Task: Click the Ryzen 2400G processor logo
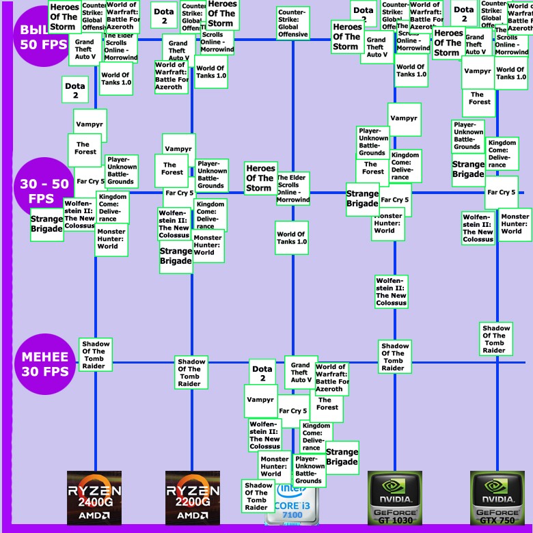tap(94, 497)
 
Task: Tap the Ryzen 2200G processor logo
tap(193, 497)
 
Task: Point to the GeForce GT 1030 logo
tap(394, 497)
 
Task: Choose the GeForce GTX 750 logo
tap(497, 497)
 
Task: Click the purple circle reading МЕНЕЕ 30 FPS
tap(45, 364)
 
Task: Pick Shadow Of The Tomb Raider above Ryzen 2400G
tap(94, 355)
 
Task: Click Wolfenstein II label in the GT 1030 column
tap(392, 291)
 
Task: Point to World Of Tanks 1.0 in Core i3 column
tap(292, 238)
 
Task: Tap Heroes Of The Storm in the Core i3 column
tap(260, 178)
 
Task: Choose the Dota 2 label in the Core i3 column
tap(262, 373)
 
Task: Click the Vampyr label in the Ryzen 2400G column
tap(90, 125)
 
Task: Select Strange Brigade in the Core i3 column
tap(342, 456)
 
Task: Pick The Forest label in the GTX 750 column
tap(480, 98)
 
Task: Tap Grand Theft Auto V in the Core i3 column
tap(301, 373)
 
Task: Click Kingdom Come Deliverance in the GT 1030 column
tap(405, 166)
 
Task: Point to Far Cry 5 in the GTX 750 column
tap(502, 192)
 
